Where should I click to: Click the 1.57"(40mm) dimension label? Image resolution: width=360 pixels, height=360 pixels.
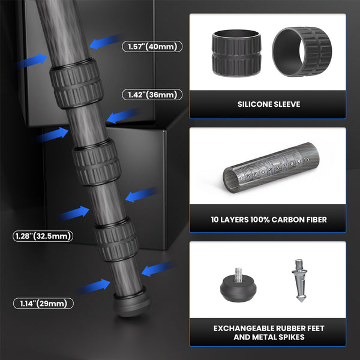click(x=152, y=46)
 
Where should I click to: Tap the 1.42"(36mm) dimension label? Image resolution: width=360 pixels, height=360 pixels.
click(x=152, y=95)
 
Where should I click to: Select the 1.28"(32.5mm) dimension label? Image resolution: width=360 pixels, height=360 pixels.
click(x=43, y=236)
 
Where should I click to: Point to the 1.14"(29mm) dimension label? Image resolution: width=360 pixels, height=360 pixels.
click(x=43, y=304)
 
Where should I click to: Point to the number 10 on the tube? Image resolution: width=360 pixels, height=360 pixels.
click(x=306, y=161)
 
